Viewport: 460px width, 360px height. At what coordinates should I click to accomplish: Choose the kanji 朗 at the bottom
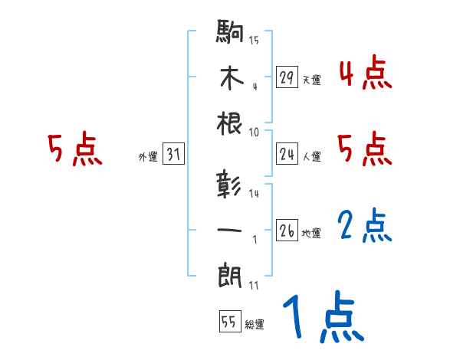pos(231,273)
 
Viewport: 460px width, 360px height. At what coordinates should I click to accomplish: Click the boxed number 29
pos(287,77)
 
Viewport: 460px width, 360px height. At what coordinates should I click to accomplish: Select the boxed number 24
pos(287,154)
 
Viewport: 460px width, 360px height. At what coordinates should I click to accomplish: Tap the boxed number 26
pos(287,231)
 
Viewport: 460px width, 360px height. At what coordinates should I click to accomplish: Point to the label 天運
pos(311,80)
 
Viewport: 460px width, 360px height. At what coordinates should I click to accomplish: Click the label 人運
pos(311,156)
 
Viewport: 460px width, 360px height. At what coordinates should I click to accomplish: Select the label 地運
pos(311,233)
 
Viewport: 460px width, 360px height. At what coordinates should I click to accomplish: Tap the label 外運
pos(147,156)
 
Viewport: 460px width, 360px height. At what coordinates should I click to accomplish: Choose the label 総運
pos(254,324)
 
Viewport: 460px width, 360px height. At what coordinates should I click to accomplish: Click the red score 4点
pos(365,75)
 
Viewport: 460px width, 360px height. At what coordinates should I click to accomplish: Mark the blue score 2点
pos(365,227)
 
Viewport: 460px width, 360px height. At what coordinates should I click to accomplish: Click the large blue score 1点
pos(322,316)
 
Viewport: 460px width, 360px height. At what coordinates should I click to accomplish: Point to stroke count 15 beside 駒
pos(255,40)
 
